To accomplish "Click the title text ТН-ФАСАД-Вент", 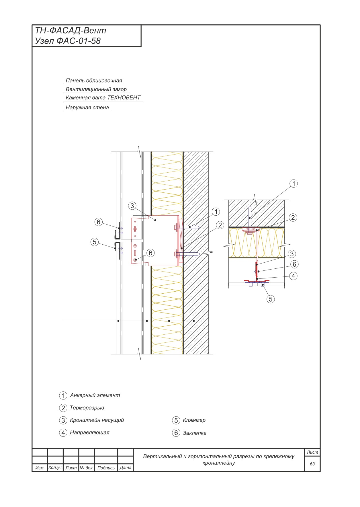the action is coord(71,30).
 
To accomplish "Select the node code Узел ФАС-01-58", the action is coord(68,41).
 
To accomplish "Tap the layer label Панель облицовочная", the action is coord(94,81).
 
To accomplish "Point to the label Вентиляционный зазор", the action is coord(96,89).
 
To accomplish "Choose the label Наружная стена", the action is coord(87,108).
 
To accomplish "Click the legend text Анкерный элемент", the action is coord(95,395).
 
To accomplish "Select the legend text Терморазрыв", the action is coord(87,408).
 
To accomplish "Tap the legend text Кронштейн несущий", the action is coord(97,420).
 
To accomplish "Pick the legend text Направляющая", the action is coord(90,432).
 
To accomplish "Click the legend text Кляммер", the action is coord(194,420).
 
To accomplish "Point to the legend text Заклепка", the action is coord(195,433).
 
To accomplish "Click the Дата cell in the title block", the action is coord(126,467).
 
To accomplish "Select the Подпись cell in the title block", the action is coord(106,468).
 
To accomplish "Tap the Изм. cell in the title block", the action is coord(40,468).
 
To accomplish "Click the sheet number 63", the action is coord(312,464).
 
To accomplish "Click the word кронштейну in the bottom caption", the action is coord(219,463).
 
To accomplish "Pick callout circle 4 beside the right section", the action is coord(293,276).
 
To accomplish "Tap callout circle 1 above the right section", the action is coord(294,184).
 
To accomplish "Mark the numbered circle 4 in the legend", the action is coord(63,433).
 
